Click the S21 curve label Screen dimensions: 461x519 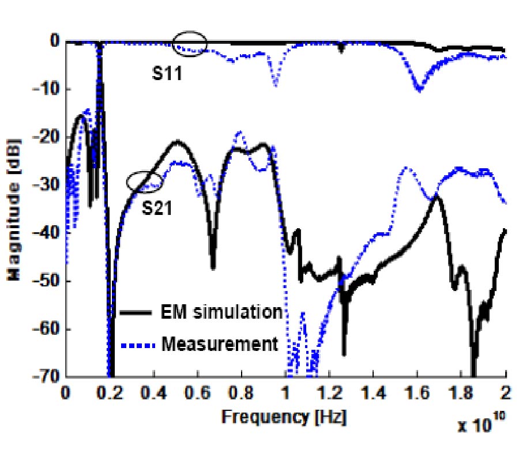pos(157,208)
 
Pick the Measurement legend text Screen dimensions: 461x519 pos(219,344)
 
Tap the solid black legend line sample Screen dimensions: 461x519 pos(139,313)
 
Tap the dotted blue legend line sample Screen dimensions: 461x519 pos(139,345)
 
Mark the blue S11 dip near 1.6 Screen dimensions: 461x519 pos(419,88)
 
